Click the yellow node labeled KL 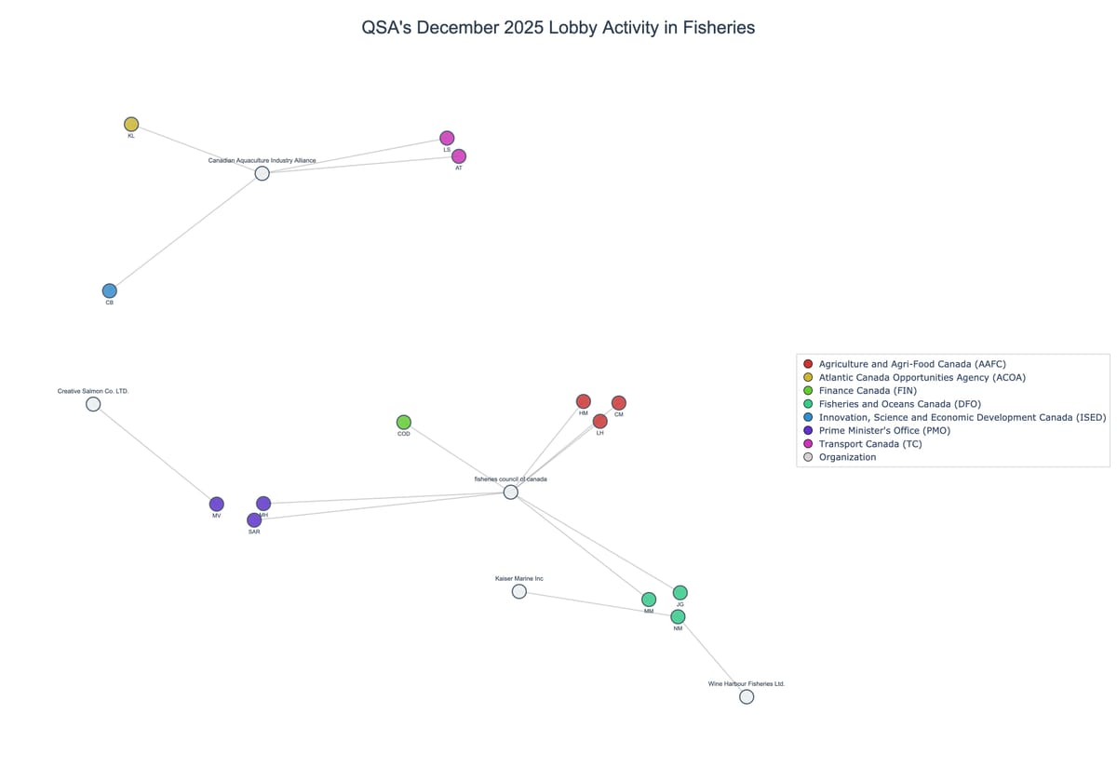pos(131,124)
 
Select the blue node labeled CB pos(110,290)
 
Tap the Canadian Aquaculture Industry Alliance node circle pos(262,173)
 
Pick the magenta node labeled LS pos(447,138)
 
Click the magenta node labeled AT pos(459,156)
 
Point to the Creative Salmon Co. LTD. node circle pos(93,404)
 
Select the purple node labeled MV pos(217,504)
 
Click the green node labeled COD pos(404,423)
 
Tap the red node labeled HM pos(584,401)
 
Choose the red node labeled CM pos(619,403)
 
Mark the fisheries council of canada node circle pos(511,492)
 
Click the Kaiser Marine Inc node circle pos(519,591)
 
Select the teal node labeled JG pos(680,592)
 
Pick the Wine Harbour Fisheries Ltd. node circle pos(747,696)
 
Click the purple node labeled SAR pos(254,519)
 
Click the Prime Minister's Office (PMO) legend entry pos(884,430)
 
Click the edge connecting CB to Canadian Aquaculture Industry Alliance pos(186,232)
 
